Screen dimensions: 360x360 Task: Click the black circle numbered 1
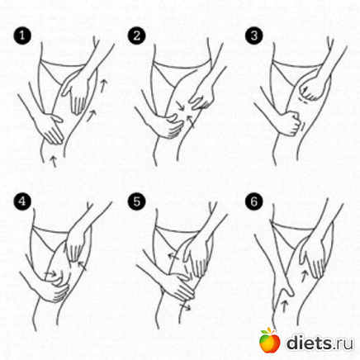22,36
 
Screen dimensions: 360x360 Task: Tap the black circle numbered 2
137,36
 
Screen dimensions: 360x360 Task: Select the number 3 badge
254,36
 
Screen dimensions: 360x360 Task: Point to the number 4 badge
22,201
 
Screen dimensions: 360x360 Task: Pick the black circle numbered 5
137,201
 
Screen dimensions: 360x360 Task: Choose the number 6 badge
254,201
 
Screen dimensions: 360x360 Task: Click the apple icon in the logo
269,340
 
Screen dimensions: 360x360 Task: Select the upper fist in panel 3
311,89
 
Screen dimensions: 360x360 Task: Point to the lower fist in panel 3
290,123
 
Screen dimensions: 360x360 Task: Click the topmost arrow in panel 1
102,85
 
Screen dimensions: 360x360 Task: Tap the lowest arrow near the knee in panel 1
54,161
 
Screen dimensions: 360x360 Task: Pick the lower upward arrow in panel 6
285,306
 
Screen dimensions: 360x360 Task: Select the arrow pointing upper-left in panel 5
173,256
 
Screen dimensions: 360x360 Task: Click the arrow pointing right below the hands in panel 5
185,307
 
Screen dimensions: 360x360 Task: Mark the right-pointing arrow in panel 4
50,273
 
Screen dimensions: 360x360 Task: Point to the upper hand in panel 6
314,258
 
